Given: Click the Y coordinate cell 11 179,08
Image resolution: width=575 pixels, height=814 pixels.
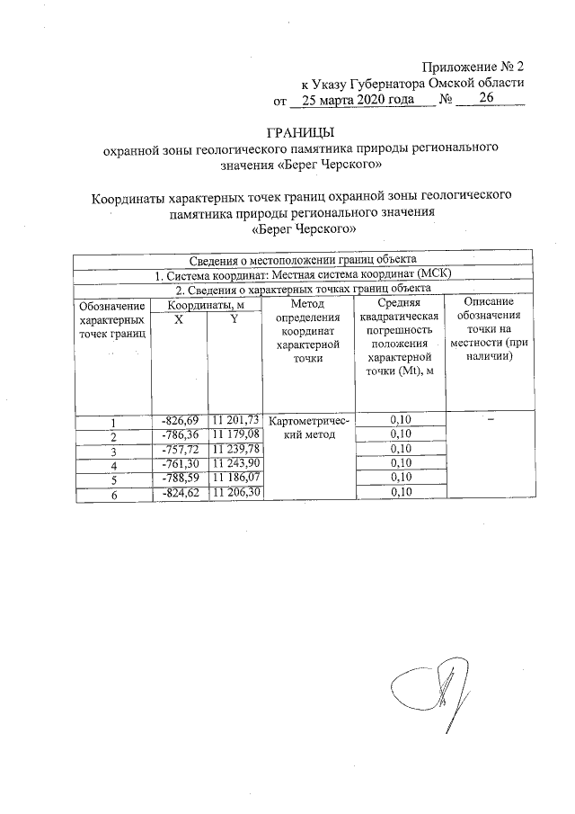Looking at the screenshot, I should (234, 434).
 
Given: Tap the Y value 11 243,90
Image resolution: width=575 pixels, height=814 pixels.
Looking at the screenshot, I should (234, 463).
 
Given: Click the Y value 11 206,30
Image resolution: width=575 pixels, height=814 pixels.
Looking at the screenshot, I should (234, 491).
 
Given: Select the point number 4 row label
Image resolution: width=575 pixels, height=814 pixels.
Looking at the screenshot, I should (114, 464).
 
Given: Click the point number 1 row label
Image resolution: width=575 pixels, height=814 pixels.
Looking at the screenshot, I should (114, 423).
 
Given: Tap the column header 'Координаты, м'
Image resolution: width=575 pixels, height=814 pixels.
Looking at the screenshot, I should (207, 306).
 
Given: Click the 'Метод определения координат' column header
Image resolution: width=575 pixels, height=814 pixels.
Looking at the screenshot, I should (307, 333).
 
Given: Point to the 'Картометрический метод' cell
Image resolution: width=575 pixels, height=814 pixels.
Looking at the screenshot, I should (307, 428).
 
